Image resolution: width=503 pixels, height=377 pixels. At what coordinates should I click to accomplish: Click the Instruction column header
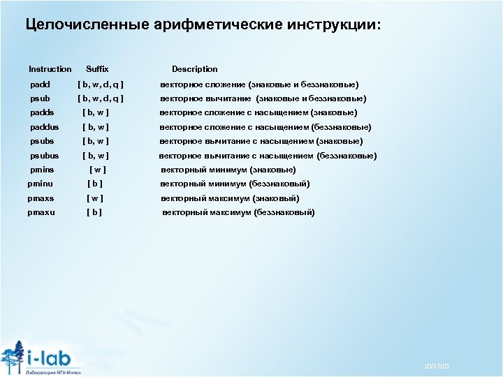[50, 69]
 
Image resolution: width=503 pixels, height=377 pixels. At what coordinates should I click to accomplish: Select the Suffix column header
[97, 69]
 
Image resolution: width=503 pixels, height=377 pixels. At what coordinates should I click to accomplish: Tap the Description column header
[194, 69]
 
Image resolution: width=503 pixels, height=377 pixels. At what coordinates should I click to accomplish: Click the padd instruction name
[41, 84]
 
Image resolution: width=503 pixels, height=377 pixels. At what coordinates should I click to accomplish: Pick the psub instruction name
[41, 98]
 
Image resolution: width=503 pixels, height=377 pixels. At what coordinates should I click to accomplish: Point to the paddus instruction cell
[45, 127]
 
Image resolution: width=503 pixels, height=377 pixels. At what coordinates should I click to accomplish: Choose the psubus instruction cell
[45, 156]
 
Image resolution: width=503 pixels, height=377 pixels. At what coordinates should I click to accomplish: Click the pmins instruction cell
[43, 170]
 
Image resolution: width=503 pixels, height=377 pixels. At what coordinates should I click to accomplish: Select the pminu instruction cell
[41, 184]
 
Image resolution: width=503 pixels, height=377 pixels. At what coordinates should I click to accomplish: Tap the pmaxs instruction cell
[41, 198]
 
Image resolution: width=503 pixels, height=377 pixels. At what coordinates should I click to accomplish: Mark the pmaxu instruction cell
[41, 212]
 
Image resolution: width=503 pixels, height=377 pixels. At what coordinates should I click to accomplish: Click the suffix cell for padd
[101, 84]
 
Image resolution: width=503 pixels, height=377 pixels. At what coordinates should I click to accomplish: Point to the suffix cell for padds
[96, 112]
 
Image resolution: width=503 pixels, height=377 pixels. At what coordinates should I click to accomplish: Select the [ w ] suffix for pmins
[98, 170]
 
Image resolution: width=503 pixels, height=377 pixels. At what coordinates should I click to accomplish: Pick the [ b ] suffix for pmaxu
[94, 212]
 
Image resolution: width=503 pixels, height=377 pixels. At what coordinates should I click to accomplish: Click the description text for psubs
[261, 141]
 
